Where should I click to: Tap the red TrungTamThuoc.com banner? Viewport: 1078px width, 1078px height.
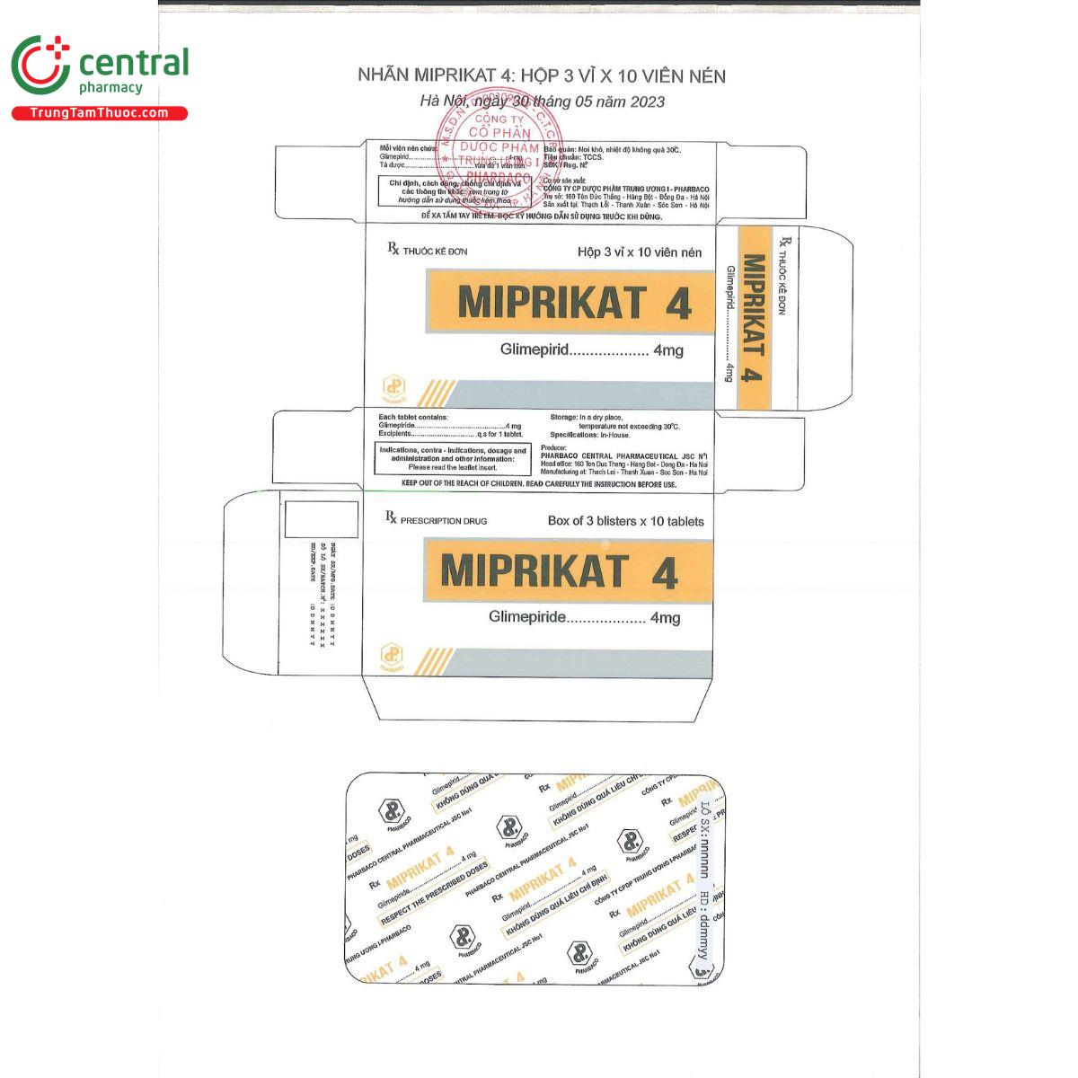99,113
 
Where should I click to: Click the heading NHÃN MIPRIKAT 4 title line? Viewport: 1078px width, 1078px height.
541,75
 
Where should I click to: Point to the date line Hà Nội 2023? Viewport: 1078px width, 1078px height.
542,102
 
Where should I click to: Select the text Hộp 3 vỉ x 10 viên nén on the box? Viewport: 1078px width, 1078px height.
640,252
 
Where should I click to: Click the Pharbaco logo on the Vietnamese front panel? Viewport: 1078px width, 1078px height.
393,387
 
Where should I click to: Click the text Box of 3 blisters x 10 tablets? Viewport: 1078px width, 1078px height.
625,521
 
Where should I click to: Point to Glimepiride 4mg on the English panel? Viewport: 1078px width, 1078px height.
584,617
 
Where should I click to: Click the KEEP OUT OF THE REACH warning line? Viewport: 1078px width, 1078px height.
538,484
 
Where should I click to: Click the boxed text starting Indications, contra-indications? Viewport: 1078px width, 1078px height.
452,459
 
